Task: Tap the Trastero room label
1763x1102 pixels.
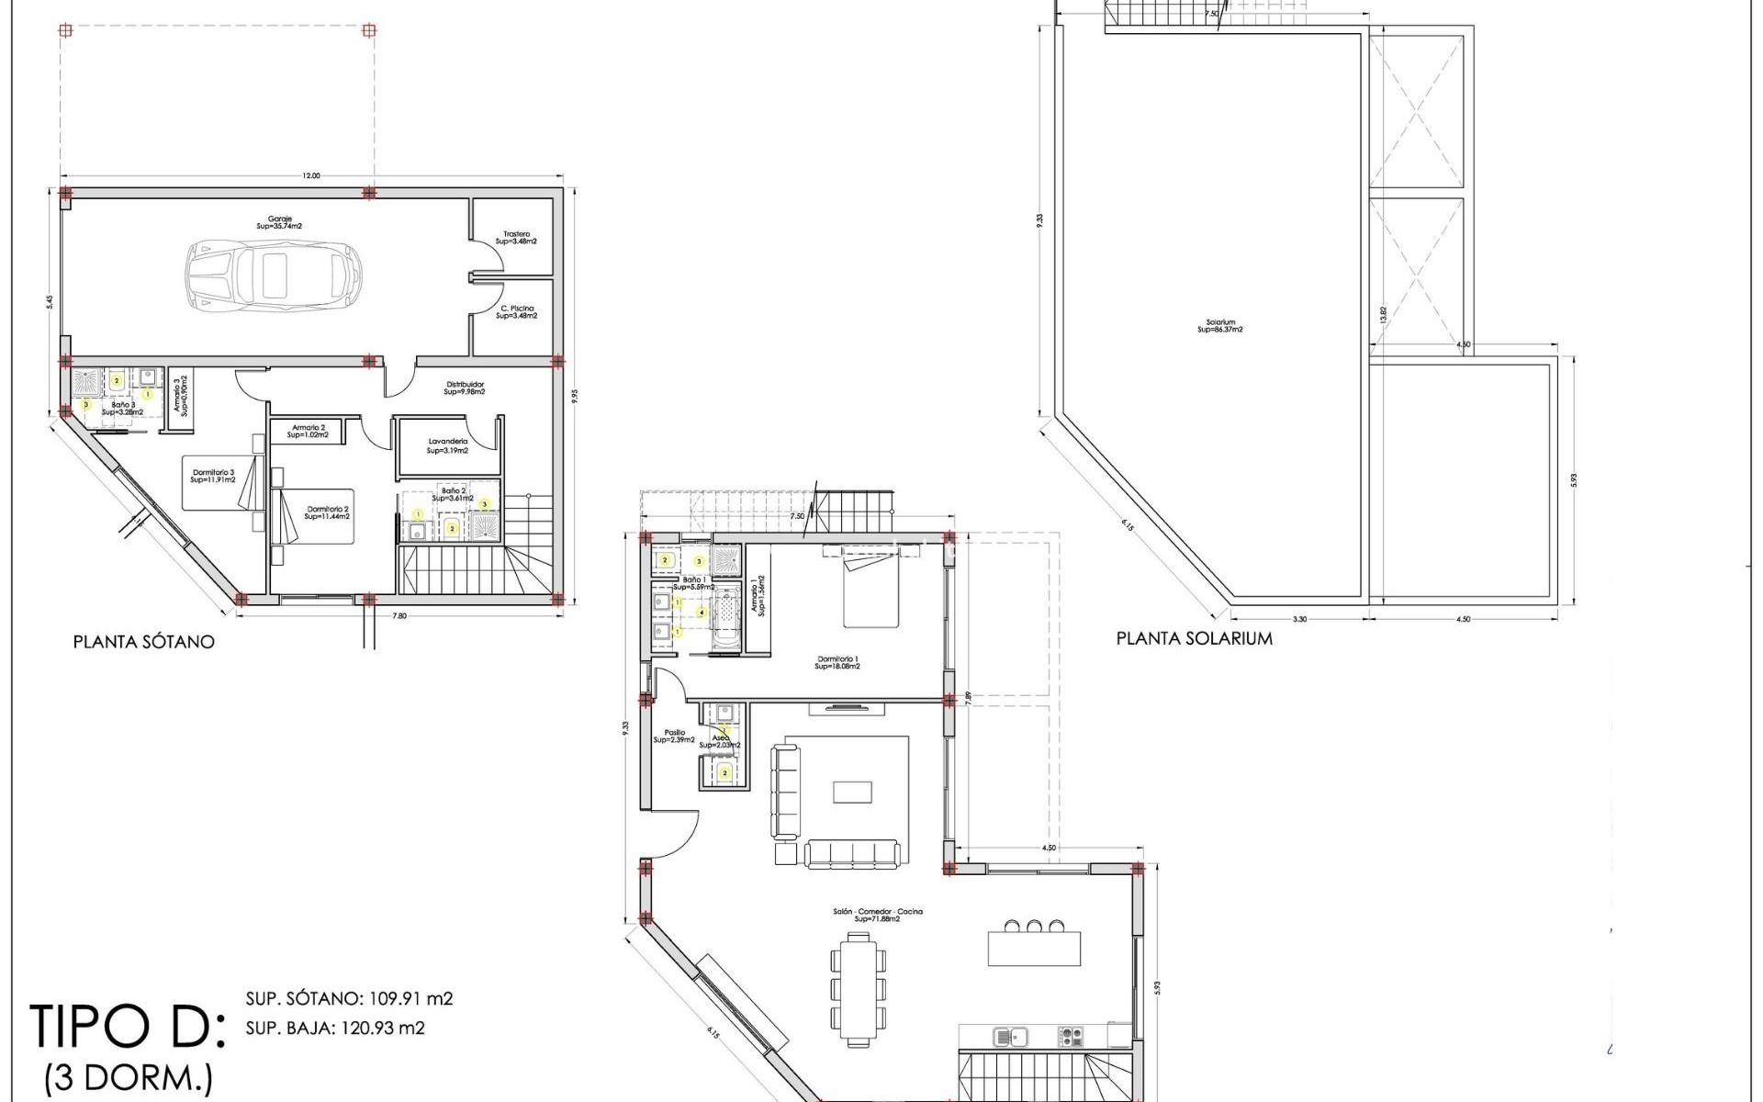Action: tap(516, 237)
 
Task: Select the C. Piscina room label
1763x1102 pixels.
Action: tap(517, 312)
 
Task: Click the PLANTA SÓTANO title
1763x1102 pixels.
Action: tap(144, 642)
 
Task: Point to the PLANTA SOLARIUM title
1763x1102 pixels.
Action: tap(1194, 638)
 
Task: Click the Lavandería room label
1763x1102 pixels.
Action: tap(448, 446)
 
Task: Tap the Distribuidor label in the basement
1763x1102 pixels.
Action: tap(465, 388)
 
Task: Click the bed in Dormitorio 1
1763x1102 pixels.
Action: tap(870, 591)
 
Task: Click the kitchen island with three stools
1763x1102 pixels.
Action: tap(1034, 947)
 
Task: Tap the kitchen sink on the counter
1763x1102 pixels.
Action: tap(1009, 1037)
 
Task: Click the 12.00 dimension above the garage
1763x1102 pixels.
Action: tap(311, 176)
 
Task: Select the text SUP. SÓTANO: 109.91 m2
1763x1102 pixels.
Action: tap(349, 998)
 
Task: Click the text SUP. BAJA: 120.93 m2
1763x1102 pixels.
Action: tap(335, 1028)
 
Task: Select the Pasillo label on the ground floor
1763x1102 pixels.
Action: tap(669, 736)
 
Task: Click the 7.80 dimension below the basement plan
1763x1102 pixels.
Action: tap(399, 615)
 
